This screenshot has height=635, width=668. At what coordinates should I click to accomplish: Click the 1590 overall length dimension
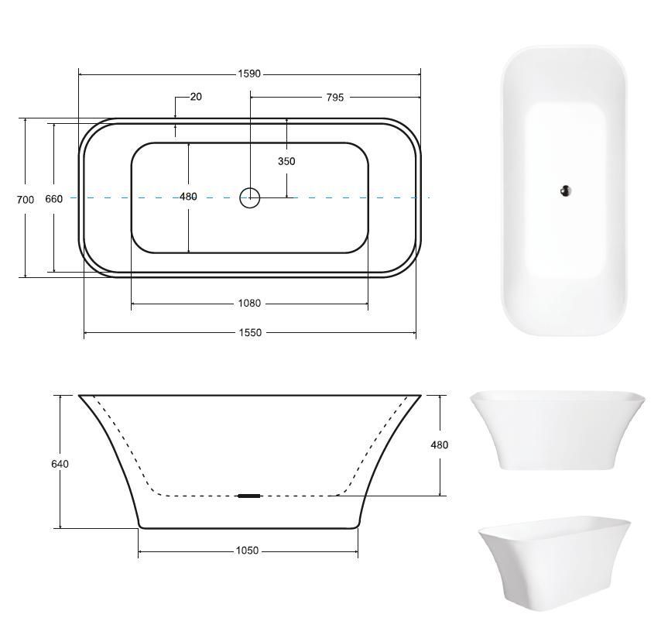point(249,74)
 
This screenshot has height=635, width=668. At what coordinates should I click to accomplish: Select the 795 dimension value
point(335,98)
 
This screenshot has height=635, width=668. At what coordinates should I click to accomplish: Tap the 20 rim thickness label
point(196,97)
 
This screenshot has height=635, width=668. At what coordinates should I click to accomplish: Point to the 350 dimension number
point(286,161)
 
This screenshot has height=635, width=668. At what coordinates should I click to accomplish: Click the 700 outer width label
point(25,200)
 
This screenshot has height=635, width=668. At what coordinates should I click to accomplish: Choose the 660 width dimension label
point(53,199)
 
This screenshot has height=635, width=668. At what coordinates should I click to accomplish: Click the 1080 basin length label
point(249,304)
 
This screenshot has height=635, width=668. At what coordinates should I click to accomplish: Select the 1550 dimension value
point(250,333)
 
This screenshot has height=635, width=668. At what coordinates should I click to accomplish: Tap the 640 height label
point(60,464)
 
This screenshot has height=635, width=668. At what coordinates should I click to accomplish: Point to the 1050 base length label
point(247,551)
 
